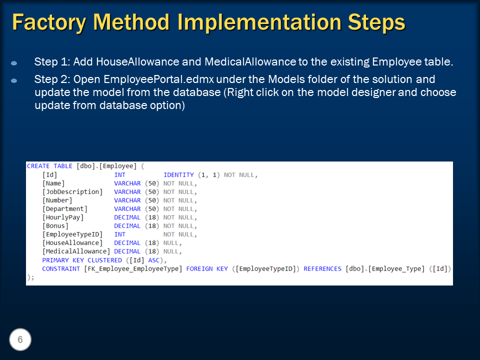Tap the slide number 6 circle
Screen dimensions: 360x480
20,340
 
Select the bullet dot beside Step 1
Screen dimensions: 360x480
14,63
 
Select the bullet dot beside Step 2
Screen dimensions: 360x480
14,80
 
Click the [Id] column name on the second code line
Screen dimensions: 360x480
50,175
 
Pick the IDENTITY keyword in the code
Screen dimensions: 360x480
178,175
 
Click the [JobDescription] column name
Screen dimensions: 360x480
72,192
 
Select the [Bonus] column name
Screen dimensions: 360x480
55,226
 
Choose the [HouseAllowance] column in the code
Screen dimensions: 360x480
72,243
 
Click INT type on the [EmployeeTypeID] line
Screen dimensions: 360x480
120,234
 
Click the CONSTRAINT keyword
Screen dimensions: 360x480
61,268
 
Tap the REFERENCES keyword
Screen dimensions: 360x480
322,268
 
